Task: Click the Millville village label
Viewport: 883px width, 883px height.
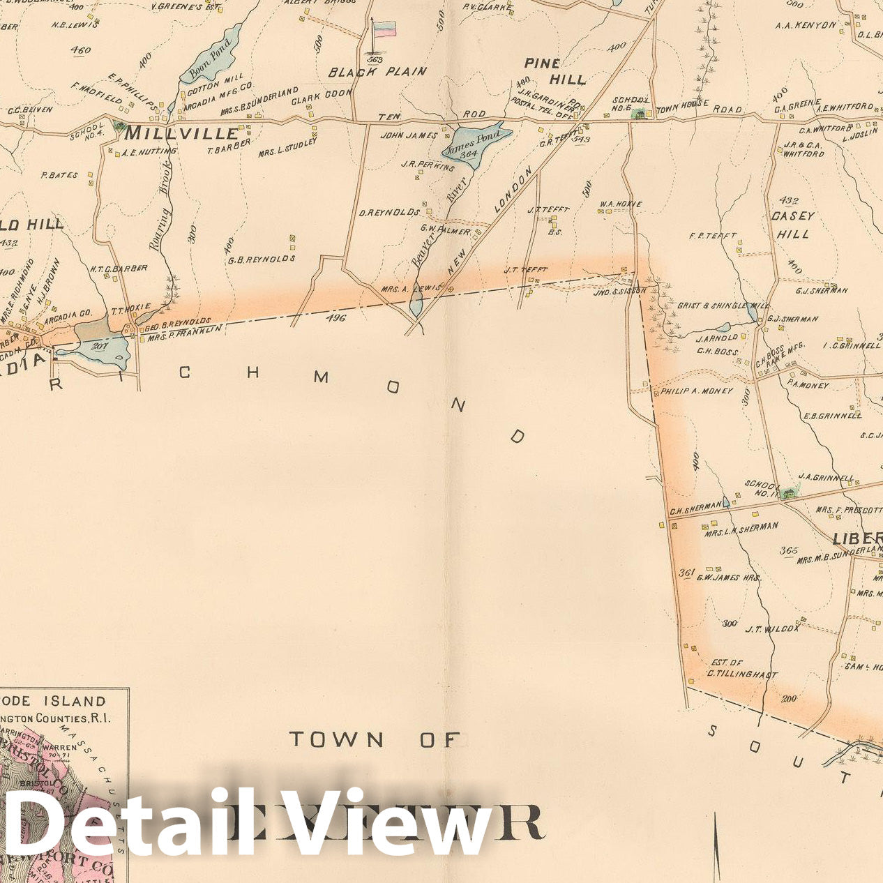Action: [x=181, y=133]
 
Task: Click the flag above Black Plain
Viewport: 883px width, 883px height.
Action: [x=384, y=29]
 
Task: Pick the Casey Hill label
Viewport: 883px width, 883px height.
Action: [x=790, y=225]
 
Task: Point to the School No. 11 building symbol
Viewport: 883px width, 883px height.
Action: [x=790, y=493]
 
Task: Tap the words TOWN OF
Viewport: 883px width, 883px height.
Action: [x=375, y=739]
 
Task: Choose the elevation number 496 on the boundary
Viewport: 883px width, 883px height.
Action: [x=335, y=318]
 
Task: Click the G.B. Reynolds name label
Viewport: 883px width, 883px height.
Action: [x=262, y=259]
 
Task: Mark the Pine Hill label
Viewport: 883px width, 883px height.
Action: [x=556, y=71]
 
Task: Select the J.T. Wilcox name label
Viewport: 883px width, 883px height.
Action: [x=772, y=629]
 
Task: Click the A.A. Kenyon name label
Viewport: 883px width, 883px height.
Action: [x=806, y=25]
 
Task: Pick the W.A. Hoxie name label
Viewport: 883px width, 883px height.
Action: [x=620, y=204]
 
